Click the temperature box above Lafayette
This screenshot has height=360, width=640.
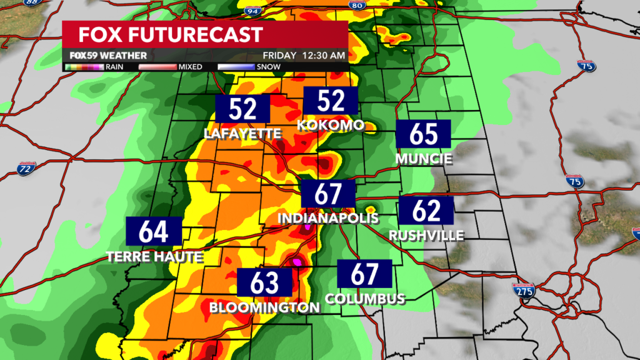[x=243, y=109]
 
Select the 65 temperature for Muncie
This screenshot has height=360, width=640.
[x=424, y=134]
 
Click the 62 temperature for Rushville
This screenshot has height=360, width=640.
[x=427, y=211]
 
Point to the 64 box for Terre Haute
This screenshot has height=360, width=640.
[x=154, y=231]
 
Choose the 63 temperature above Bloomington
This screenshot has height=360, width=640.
[x=265, y=282]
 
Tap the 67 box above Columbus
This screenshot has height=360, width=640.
[x=365, y=274]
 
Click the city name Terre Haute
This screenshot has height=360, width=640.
[x=155, y=256]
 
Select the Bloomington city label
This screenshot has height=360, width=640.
[x=265, y=307]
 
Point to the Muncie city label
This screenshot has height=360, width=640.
[x=424, y=159]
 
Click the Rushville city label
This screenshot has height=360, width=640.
[x=426, y=236]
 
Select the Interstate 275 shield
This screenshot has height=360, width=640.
[x=522, y=290]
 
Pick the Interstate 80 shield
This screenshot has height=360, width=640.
[x=357, y=6]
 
